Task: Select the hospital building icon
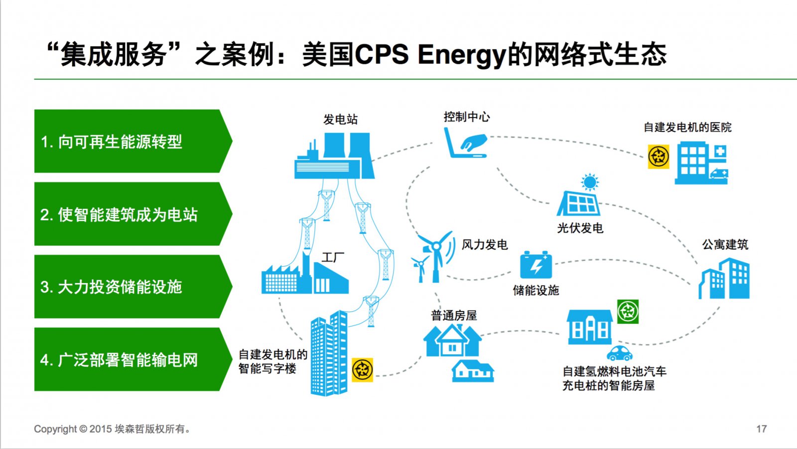pos(701,163)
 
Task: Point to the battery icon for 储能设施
pos(535,265)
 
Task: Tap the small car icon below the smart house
pos(619,353)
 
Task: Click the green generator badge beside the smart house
pos(628,312)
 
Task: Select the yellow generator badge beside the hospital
pos(658,157)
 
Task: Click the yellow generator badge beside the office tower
pos(362,370)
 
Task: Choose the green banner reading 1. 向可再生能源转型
pos(132,142)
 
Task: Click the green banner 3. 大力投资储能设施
pos(132,287)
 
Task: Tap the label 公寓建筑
pos(725,244)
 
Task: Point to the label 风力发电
pos(484,244)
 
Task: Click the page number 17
pos(761,429)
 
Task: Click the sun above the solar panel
pos(590,182)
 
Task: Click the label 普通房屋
pos(454,315)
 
